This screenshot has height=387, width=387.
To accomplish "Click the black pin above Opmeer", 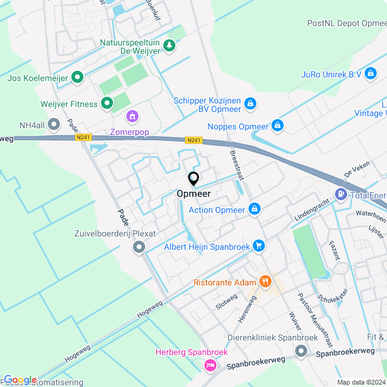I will [193, 180].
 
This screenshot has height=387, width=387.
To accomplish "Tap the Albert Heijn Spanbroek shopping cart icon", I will [259, 246].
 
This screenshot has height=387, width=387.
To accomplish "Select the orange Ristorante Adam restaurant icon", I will [265, 281].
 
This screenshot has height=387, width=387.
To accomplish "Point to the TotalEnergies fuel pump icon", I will [341, 195].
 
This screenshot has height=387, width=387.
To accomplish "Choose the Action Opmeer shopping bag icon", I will [255, 209].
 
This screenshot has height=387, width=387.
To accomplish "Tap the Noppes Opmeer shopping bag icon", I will [277, 126].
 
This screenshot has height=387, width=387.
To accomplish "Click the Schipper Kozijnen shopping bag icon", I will [250, 105].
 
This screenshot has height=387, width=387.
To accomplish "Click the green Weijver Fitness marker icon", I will [107, 104].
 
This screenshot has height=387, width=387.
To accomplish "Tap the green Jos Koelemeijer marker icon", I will [77, 77].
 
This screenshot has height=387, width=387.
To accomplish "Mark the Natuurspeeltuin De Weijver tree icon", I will [171, 45].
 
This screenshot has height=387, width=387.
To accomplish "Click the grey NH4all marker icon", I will [54, 125].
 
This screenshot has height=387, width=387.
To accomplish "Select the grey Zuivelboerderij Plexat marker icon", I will [140, 247].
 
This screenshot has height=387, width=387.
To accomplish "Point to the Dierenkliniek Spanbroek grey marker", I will [301, 351].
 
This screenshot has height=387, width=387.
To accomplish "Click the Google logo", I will [20, 379].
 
